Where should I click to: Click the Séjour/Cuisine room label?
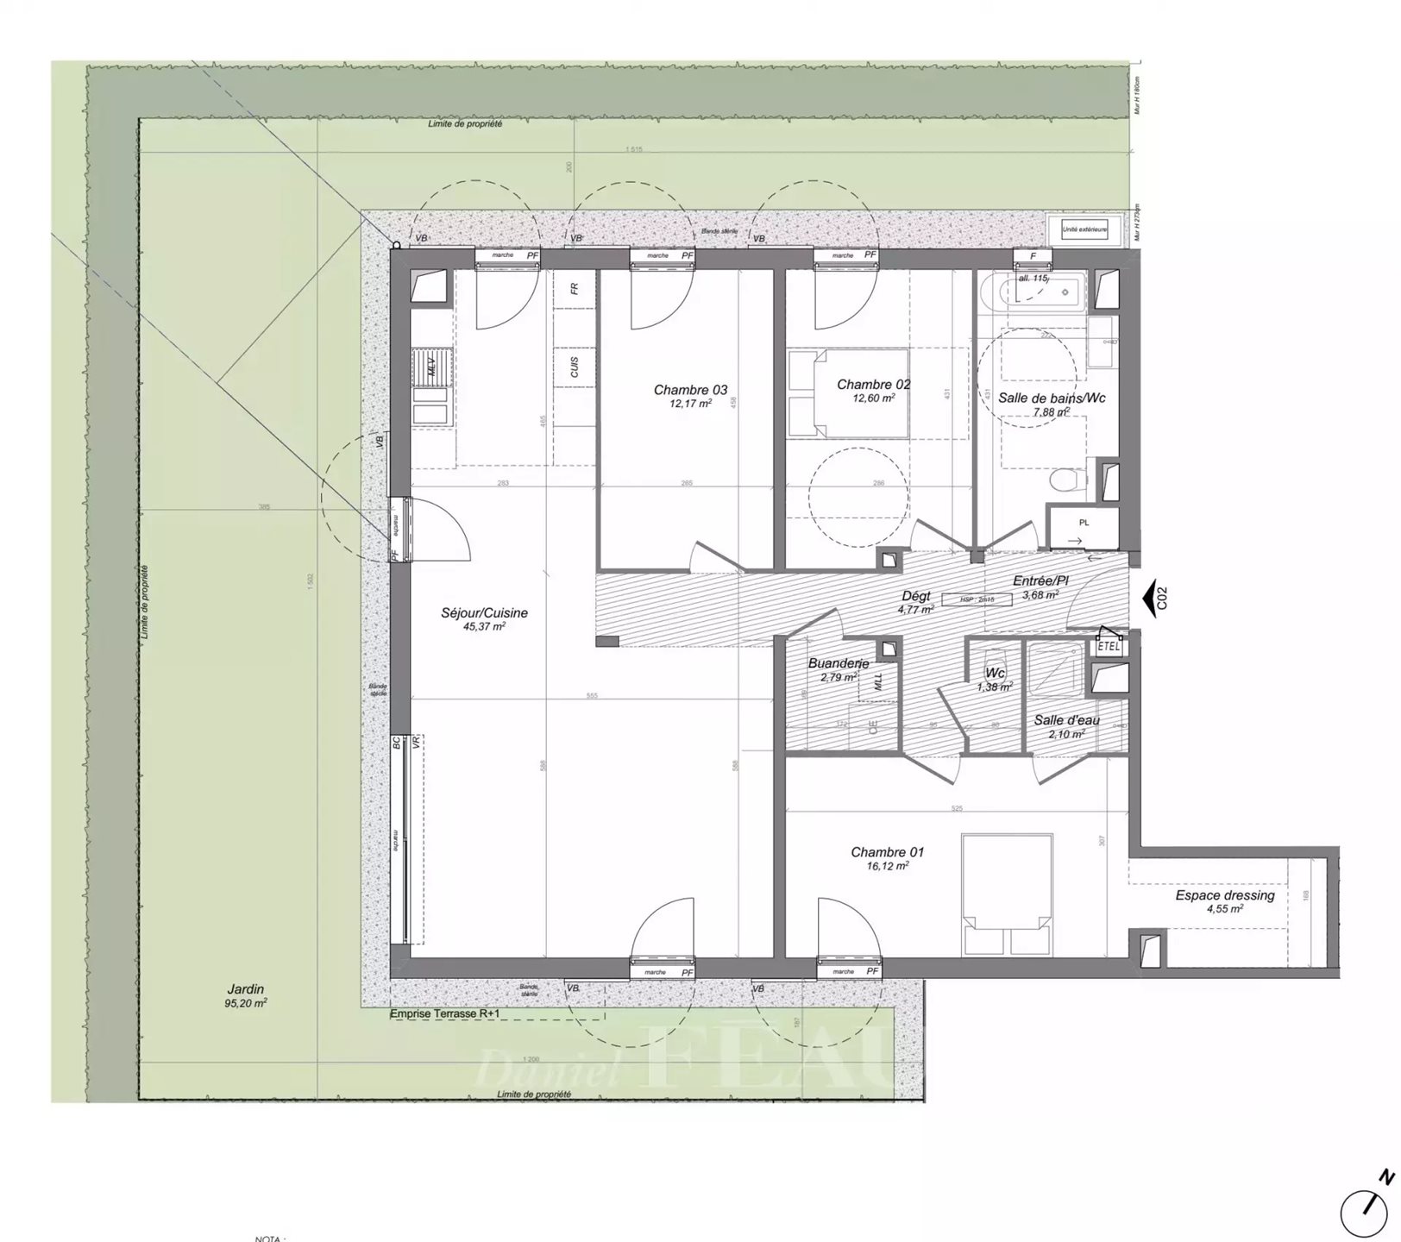click(484, 613)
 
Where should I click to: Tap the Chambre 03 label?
click(690, 391)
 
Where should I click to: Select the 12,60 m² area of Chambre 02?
click(873, 398)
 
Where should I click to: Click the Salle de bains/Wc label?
click(1052, 398)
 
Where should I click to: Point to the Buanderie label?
click(838, 663)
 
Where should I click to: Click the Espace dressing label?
click(1224, 895)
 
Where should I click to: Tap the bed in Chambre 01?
click(1007, 894)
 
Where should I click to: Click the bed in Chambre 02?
click(850, 392)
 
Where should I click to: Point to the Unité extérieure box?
click(1084, 229)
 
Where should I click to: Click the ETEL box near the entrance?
click(1109, 645)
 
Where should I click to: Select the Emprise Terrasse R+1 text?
click(444, 1014)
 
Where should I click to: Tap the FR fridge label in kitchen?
click(575, 289)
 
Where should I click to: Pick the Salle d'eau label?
click(1066, 720)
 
